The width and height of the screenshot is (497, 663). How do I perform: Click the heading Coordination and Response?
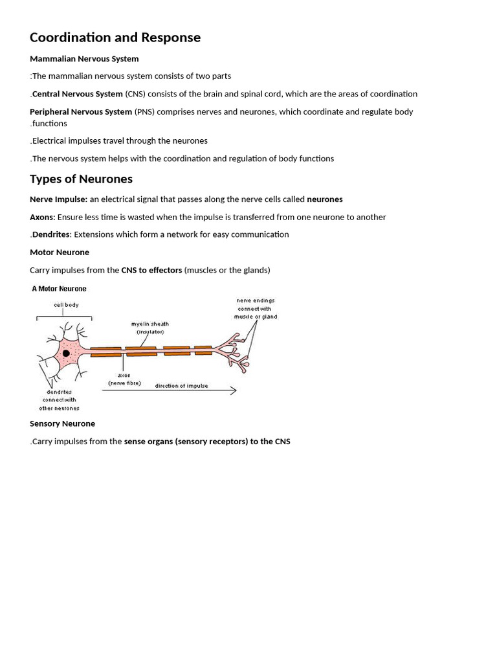click(115, 38)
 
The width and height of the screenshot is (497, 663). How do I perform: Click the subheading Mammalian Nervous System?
click(84, 59)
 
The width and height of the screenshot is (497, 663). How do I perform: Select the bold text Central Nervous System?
click(77, 94)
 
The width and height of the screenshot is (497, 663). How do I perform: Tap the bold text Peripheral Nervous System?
click(81, 111)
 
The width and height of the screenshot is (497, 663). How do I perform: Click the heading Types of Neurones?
click(81, 179)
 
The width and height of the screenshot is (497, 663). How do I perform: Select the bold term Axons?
click(43, 218)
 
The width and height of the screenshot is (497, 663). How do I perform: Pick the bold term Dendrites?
click(51, 234)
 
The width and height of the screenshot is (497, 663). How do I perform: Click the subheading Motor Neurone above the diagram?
click(60, 253)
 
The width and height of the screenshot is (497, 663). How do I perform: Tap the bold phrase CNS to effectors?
click(151, 270)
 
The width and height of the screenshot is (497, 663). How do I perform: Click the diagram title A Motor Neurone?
click(59, 289)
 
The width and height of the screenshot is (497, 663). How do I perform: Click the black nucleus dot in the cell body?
click(65, 353)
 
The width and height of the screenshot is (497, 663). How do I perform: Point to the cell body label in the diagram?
click(66, 304)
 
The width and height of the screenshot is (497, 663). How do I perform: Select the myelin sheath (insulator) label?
click(150, 328)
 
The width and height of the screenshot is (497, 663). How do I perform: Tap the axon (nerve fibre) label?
click(124, 379)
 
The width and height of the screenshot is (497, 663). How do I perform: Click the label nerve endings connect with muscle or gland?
click(256, 308)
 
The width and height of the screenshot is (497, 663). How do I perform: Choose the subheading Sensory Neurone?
click(62, 423)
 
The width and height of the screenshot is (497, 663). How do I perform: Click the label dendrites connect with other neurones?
click(59, 400)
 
